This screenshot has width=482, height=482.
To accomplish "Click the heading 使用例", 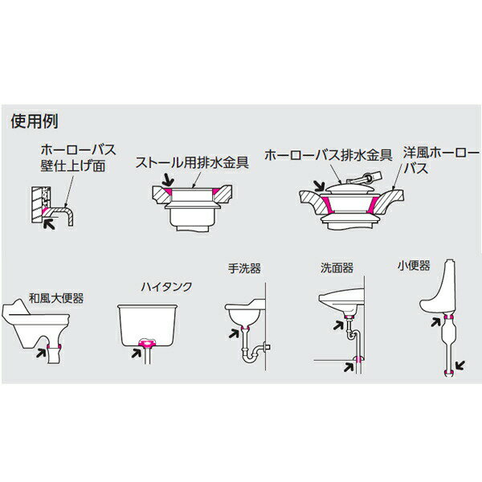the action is tap(34, 121).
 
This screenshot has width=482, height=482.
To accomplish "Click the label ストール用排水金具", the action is tap(192, 162).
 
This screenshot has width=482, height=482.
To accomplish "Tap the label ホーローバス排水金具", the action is tap(329, 155).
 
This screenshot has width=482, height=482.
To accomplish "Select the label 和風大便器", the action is tap(56, 298).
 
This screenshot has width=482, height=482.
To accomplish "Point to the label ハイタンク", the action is tap(166, 287).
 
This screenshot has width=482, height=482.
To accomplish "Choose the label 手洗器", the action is tap(244, 268).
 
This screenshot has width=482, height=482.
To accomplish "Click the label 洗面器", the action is tap(337, 268).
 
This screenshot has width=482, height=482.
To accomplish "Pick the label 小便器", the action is tap(414, 266).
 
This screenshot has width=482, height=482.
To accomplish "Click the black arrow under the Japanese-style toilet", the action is tap(41, 353).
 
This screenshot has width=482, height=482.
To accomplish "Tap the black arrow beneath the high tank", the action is tap(137, 353).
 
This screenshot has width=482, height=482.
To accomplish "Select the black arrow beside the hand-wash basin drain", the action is tap(234, 333).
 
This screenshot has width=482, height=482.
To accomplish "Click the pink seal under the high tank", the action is tap(147, 343).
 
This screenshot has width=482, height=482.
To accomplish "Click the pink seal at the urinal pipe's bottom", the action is tap(449, 373).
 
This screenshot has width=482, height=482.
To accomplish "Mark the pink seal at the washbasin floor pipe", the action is tap(357, 359).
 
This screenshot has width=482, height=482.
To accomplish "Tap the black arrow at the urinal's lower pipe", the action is tap(460, 366).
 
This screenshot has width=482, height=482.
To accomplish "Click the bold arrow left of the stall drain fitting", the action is tap(168, 179).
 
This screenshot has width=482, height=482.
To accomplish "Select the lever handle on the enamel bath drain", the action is tap(363, 178).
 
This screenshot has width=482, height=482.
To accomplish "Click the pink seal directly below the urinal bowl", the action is tap(449, 317).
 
